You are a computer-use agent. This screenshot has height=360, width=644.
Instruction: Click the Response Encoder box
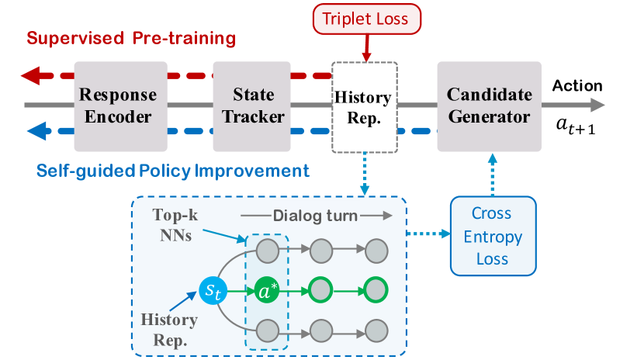[x=120, y=106]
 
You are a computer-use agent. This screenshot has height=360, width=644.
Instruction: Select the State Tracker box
[x=254, y=106]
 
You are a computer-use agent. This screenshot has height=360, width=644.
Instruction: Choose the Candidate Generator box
[x=490, y=106]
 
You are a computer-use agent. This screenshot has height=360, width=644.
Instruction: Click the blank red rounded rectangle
[x=366, y=19]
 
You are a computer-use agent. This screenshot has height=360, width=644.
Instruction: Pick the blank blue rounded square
[x=493, y=235]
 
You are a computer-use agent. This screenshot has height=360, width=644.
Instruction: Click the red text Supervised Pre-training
[x=131, y=38]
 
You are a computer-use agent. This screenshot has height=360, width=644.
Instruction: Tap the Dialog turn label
[x=315, y=216]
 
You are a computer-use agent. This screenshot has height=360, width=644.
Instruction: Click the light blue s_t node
[x=211, y=291]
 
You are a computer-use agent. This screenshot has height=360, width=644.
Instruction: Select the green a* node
[x=268, y=291]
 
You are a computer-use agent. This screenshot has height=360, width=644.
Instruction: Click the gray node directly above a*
[x=268, y=251]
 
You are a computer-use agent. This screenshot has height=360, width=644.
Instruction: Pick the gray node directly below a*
[x=268, y=330]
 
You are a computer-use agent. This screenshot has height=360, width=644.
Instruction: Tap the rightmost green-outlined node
[x=377, y=291]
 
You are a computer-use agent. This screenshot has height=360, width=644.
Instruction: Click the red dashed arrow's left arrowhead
[x=31, y=76]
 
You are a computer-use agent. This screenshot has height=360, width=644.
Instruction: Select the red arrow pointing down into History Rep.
[x=366, y=48]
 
